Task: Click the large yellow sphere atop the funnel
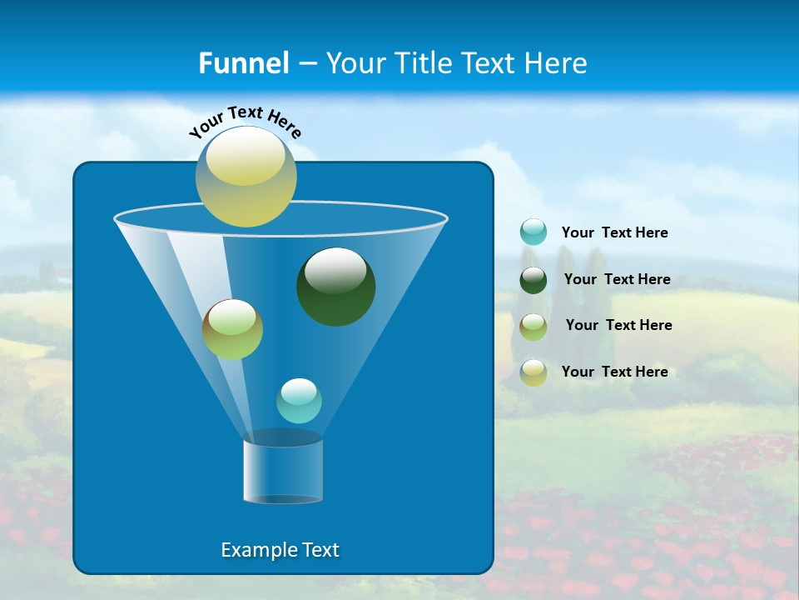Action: point(246,177)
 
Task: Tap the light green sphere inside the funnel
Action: point(232,330)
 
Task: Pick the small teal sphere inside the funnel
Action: point(299,401)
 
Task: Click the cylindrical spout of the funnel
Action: point(283,470)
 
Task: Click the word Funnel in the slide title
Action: point(244,63)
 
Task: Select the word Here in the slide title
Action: point(555,63)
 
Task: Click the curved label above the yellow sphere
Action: point(245,121)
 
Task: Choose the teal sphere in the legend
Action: point(533,232)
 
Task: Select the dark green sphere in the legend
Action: point(533,280)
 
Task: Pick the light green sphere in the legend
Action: point(533,326)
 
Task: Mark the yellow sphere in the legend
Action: point(533,372)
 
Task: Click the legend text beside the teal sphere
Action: point(614,232)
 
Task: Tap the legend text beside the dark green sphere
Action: point(617,279)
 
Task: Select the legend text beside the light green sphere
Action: point(618,325)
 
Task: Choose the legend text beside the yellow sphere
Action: point(614,372)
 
